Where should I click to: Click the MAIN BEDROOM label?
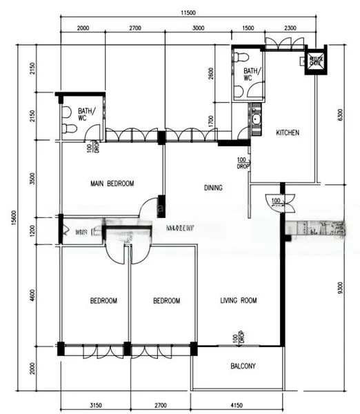112,184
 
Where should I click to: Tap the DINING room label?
213,187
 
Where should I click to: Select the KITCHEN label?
288,132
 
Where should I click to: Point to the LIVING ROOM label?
238,301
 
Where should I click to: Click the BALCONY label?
242,366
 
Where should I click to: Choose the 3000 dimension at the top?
198,28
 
